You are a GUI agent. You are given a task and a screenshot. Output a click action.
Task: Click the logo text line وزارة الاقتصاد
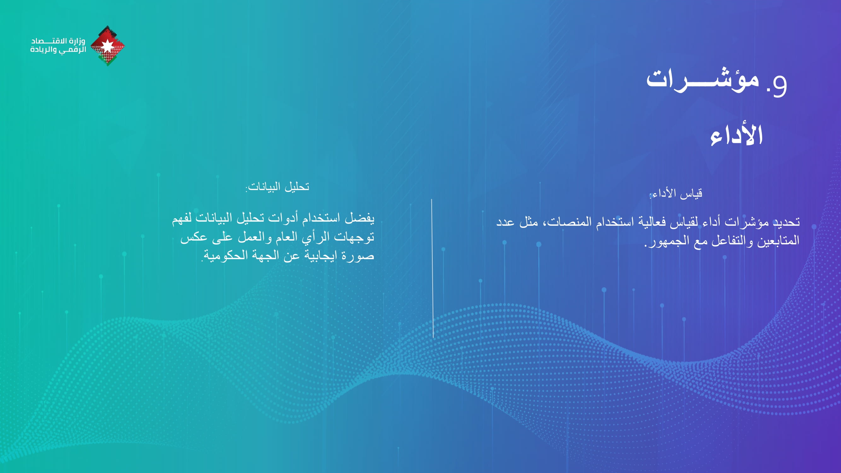coord(58,41)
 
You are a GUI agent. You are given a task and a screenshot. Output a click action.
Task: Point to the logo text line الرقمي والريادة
coord(58,50)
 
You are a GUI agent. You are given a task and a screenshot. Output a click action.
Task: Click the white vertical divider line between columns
coord(432,268)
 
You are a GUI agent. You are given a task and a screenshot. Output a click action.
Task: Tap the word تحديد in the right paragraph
coord(786,222)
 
